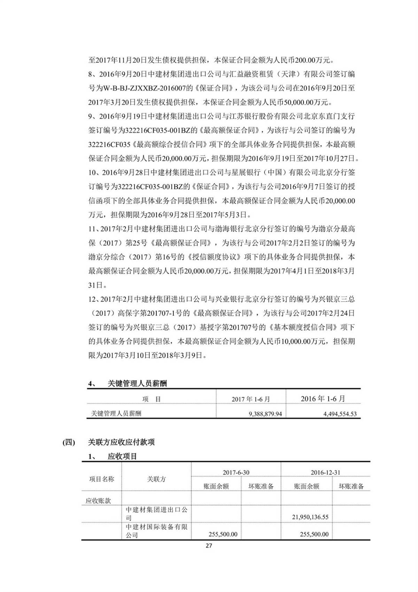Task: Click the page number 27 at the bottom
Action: [209, 546]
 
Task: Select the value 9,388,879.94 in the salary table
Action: [265, 414]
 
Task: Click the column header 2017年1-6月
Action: [251, 399]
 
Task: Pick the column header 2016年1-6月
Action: [323, 399]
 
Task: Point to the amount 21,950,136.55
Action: [310, 517]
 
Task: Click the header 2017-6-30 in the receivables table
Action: [236, 472]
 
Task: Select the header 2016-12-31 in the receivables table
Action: [325, 472]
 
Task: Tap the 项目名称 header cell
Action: [102, 479]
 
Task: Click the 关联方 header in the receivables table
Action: [156, 479]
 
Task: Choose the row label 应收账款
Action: [98, 501]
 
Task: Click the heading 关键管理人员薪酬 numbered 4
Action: [137, 383]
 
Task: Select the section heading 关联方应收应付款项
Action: [121, 442]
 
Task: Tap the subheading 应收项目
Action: [122, 456]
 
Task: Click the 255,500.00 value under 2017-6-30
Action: [223, 534]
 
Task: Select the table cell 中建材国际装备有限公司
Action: [156, 531]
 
